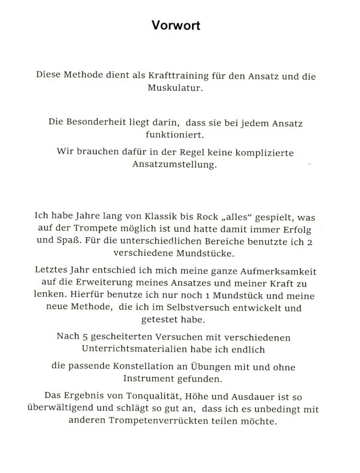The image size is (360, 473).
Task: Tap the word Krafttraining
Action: pos(167,77)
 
